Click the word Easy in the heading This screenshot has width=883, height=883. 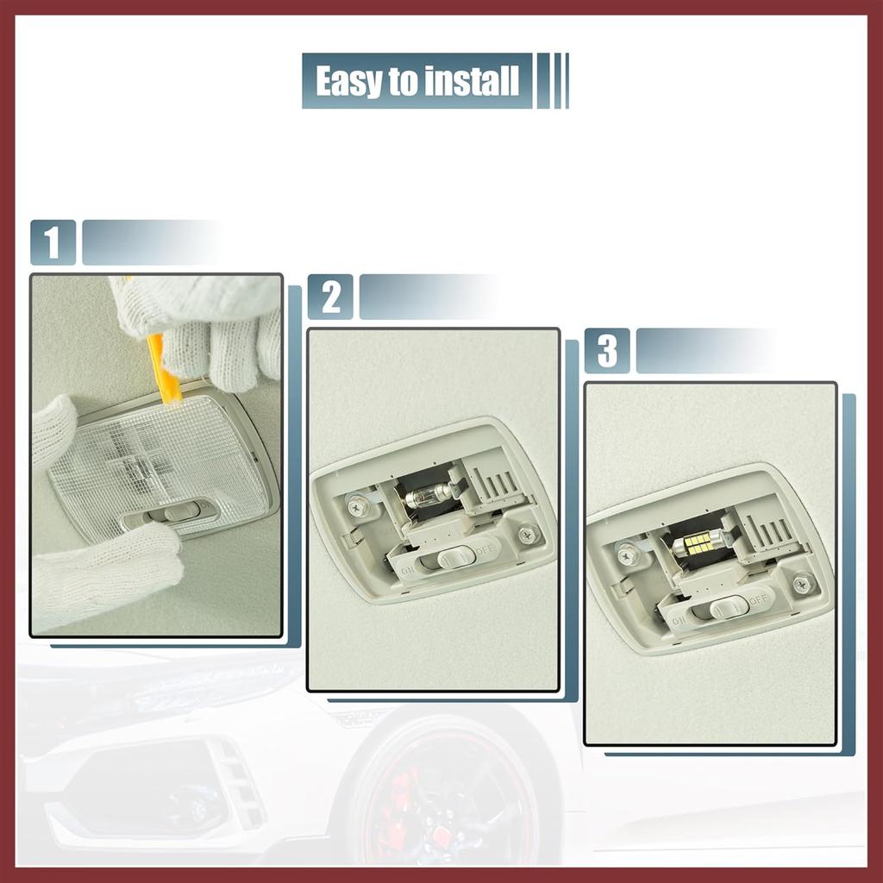348,81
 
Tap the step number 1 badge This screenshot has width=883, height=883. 53,242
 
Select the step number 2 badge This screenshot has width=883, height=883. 330,297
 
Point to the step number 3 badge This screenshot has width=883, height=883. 607,351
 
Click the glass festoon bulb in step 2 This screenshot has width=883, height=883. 428,495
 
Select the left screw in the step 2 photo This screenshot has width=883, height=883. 355,507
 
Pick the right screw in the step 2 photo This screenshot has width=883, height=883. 526,535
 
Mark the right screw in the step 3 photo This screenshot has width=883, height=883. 803,583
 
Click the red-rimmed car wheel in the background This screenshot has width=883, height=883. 448,802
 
